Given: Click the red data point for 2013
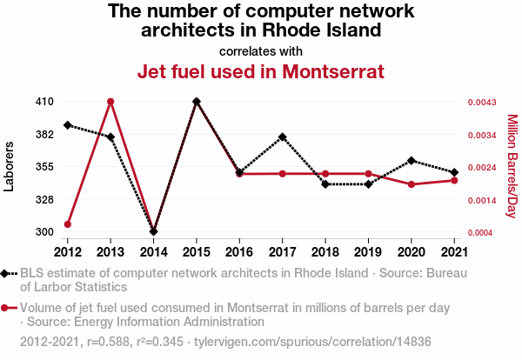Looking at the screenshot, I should click(x=110, y=102).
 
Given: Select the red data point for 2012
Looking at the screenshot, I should click(x=68, y=224).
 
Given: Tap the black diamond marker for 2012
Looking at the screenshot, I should click(x=68, y=125).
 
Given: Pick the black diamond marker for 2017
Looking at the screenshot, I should click(x=283, y=137).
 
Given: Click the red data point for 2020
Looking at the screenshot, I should click(x=412, y=184).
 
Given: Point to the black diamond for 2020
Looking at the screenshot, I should click(x=412, y=161).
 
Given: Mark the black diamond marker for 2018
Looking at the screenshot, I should click(x=325, y=184).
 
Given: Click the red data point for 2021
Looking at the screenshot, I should click(x=454, y=180).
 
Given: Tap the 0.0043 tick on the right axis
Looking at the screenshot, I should click(x=482, y=103).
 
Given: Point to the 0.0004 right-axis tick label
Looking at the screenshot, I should click(x=482, y=233).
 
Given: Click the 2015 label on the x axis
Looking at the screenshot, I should click(x=197, y=251).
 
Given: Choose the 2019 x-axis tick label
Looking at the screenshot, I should click(x=368, y=251).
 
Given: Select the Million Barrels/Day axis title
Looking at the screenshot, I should click(x=512, y=166).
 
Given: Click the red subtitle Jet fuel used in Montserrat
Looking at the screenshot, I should click(x=261, y=70).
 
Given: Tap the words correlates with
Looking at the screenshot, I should click(x=261, y=50).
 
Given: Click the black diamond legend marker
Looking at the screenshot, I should click(x=6, y=274).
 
